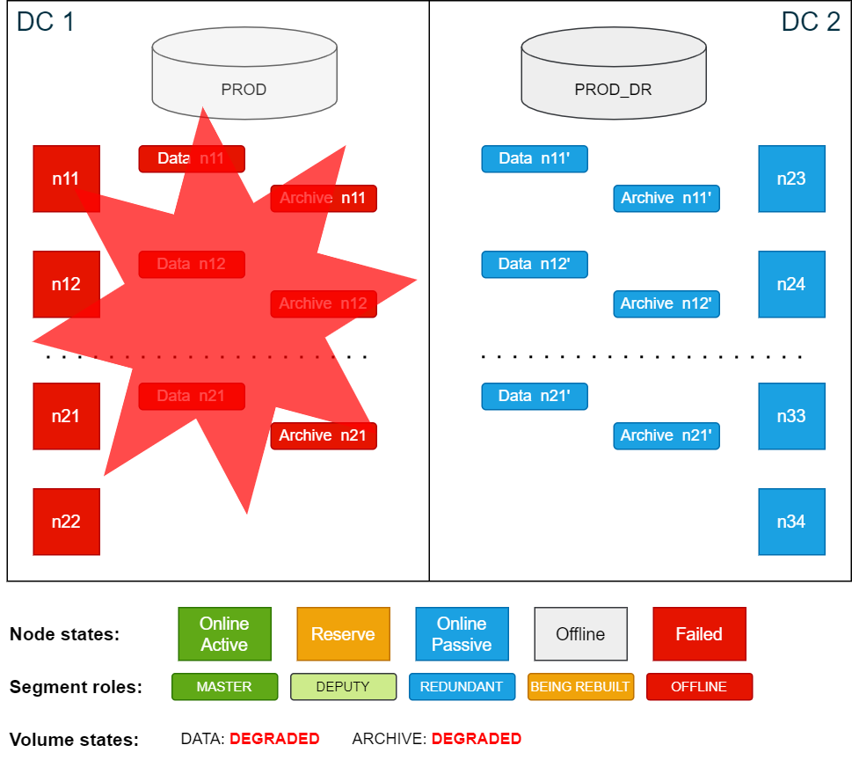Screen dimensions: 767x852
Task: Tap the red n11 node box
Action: (x=66, y=179)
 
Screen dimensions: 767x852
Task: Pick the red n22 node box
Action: (x=66, y=522)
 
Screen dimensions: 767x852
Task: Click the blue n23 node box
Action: (x=791, y=179)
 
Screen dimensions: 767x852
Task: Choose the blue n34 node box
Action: (x=791, y=522)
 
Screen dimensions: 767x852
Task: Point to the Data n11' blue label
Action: (x=535, y=158)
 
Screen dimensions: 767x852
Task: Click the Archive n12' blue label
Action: (x=666, y=303)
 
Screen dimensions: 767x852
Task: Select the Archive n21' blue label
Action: (x=666, y=435)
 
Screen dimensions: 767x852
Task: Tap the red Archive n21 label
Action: (x=324, y=435)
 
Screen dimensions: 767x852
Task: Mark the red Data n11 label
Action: (x=192, y=158)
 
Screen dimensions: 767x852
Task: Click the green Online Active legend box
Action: (x=224, y=634)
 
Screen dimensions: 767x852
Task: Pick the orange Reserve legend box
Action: (x=343, y=634)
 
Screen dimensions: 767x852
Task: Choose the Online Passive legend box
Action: (x=462, y=634)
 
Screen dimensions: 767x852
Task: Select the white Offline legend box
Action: (x=580, y=634)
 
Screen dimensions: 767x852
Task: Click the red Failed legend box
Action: (x=699, y=634)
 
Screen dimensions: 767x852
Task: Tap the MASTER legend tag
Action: (x=224, y=687)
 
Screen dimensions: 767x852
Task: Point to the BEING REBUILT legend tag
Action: (x=580, y=687)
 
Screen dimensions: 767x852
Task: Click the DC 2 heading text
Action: (x=811, y=21)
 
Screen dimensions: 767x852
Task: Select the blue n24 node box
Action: (x=791, y=284)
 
